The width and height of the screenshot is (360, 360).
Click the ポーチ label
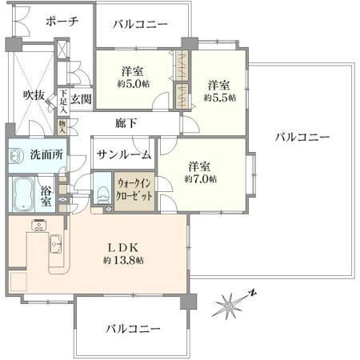[62, 22]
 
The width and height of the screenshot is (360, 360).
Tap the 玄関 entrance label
[81, 99]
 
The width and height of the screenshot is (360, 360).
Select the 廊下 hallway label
[126, 123]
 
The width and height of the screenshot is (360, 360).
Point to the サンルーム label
[124, 154]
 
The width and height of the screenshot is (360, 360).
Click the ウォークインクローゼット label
[134, 190]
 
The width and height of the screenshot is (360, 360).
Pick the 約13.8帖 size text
[123, 260]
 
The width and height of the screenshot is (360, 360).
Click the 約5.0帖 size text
[134, 84]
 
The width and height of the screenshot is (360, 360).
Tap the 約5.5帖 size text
[220, 98]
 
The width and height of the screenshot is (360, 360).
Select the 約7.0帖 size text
[201, 179]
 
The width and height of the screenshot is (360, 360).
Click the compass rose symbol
[231, 303]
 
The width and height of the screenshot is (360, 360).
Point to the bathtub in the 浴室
[24, 194]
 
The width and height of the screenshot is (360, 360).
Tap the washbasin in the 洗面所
[15, 156]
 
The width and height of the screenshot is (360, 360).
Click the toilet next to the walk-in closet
[102, 195]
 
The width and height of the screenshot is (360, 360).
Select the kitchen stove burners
[39, 226]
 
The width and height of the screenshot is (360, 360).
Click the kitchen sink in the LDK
[55, 244]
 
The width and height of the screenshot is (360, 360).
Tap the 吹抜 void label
[34, 94]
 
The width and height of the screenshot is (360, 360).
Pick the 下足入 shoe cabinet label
[63, 102]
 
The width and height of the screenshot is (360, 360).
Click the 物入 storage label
[62, 126]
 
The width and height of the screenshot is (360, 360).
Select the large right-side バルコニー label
[302, 138]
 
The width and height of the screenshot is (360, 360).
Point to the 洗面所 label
[46, 154]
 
